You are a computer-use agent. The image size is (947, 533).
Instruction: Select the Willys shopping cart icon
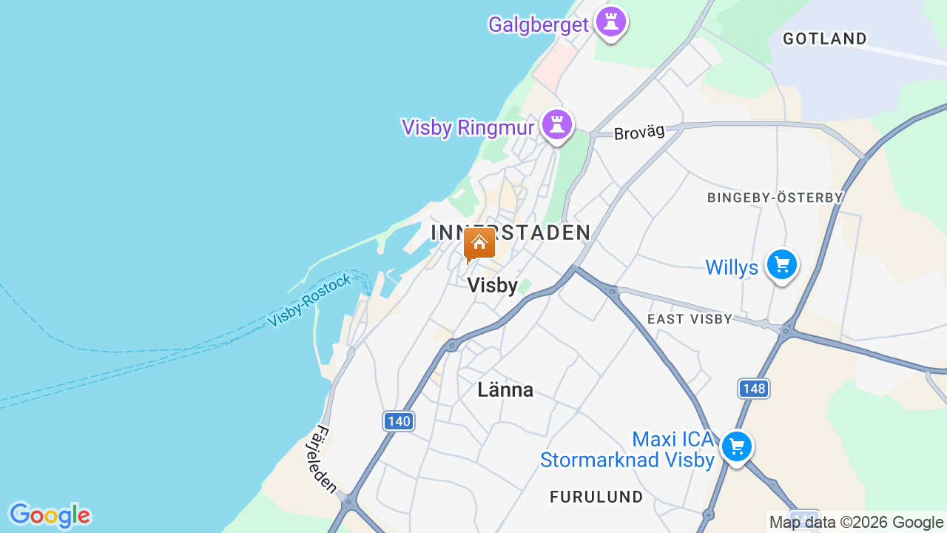click(781, 264)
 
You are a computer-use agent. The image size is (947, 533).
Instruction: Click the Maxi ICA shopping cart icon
click(737, 446)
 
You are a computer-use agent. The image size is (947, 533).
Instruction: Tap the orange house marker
click(479, 243)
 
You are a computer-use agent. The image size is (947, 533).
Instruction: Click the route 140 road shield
click(399, 421)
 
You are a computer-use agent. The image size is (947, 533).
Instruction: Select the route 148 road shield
click(753, 388)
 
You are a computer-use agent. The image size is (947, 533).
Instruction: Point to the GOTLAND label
click(825, 38)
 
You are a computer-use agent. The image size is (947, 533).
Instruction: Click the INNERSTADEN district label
click(510, 232)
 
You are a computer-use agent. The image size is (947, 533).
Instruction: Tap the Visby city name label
click(493, 286)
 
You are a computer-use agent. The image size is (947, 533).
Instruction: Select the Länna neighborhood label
click(505, 389)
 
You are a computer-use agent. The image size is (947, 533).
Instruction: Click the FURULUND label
click(596, 496)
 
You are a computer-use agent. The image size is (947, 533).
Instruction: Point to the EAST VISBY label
click(690, 319)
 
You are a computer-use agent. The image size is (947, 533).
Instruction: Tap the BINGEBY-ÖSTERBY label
click(775, 198)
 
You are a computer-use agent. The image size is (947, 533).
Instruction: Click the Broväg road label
click(639, 133)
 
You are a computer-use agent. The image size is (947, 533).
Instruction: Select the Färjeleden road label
click(326, 460)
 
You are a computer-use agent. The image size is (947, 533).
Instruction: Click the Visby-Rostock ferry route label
click(310, 301)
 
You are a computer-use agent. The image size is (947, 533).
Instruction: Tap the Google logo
click(50, 515)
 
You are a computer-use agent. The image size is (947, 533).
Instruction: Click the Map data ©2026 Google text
click(856, 522)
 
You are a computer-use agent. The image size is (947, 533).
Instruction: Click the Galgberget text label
click(539, 24)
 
